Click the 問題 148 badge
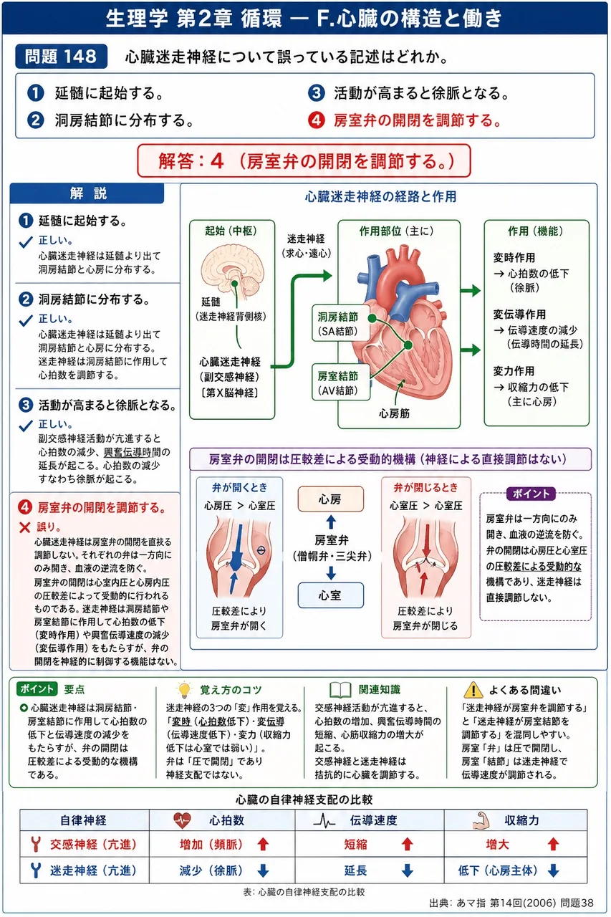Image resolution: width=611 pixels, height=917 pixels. click(x=62, y=56)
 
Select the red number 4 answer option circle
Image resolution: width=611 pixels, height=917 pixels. click(x=317, y=120)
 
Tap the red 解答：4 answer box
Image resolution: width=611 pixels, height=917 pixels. click(x=304, y=161)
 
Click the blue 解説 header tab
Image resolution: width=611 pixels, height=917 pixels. click(x=87, y=193)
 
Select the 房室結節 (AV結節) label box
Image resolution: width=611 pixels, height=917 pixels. click(x=340, y=383)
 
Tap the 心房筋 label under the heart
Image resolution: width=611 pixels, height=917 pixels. click(x=394, y=413)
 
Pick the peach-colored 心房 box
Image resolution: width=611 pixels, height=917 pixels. click(x=331, y=499)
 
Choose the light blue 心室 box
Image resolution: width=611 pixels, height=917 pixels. click(x=331, y=595)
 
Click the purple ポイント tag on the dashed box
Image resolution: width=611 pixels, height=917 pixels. click(x=531, y=494)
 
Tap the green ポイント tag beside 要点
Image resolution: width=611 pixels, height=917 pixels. click(x=37, y=689)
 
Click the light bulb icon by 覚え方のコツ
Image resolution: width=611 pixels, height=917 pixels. click(x=184, y=690)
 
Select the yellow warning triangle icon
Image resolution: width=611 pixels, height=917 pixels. click(x=473, y=690)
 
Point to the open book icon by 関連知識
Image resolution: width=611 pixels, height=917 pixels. click(x=340, y=690)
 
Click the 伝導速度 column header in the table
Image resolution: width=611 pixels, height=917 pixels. click(x=373, y=820)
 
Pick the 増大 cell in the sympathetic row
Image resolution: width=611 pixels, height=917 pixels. click(x=497, y=844)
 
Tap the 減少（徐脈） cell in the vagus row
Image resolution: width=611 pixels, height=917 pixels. click(x=211, y=870)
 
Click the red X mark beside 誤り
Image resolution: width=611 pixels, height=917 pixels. click(x=24, y=527)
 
